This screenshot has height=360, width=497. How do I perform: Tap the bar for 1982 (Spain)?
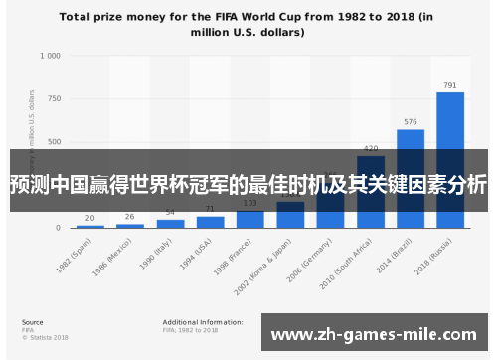click(x=90, y=226)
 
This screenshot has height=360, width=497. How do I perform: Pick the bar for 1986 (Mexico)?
click(x=130, y=225)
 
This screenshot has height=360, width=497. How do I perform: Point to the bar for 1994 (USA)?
click(x=210, y=221)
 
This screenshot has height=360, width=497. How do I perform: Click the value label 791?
click(x=450, y=85)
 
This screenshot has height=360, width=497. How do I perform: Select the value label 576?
click(x=411, y=122)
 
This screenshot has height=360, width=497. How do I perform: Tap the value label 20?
click(x=90, y=218)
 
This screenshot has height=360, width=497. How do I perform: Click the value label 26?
click(x=130, y=217)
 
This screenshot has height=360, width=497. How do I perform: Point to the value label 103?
click(x=250, y=203)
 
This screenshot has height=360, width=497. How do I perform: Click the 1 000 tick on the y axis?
click(x=50, y=56)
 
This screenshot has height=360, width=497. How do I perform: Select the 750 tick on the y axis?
click(x=54, y=98)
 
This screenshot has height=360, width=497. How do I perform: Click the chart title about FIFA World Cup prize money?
click(x=248, y=24)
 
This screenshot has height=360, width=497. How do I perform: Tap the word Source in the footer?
click(x=32, y=322)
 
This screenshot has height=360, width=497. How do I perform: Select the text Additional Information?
click(x=202, y=322)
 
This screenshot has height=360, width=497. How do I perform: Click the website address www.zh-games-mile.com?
click(x=374, y=335)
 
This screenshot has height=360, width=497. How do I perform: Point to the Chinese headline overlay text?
click(x=248, y=185)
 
